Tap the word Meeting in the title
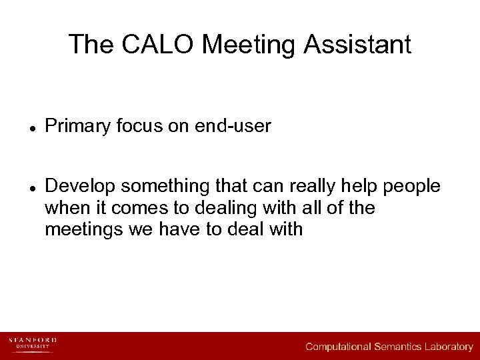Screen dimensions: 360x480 click(249, 45)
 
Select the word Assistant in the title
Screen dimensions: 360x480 click(358, 45)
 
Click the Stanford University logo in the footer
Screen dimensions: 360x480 click(32, 343)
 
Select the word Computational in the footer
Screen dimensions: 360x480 click(338, 347)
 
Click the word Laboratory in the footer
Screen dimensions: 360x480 click(449, 347)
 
